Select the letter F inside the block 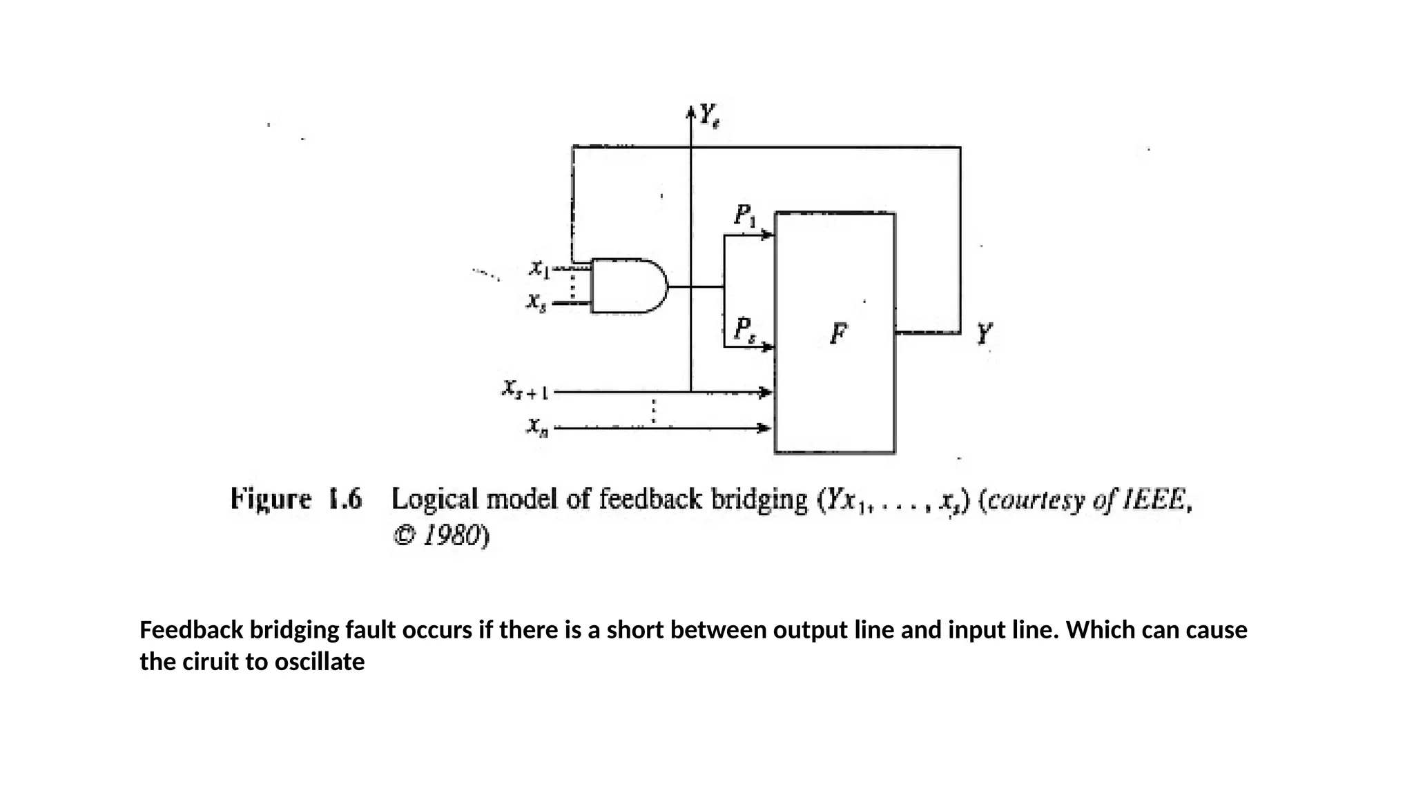tap(838, 334)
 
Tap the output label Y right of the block tap(985, 334)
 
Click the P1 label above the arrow tap(745, 215)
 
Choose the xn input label tap(538, 427)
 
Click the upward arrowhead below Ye tap(690, 112)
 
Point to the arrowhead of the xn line tap(764, 429)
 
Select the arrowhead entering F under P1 tap(767, 235)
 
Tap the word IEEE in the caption tap(1156, 499)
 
